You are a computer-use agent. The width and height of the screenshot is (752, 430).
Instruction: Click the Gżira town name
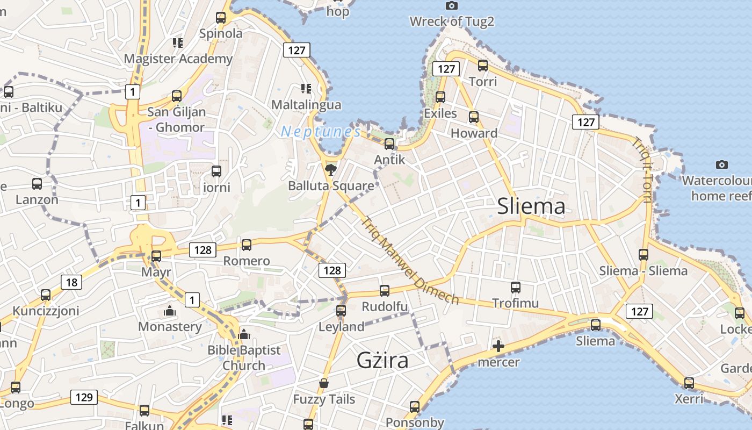[x=382, y=360]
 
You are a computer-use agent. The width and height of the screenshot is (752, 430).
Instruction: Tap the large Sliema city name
[x=531, y=206]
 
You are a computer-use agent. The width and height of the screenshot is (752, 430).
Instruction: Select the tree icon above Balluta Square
[x=331, y=170]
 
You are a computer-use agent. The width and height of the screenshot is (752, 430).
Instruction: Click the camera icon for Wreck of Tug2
[x=452, y=5]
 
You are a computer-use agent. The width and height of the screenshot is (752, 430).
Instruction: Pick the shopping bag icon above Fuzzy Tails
[x=324, y=383]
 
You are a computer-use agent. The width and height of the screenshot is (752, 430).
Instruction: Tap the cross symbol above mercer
[x=498, y=346]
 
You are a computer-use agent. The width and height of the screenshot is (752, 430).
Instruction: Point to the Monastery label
[x=170, y=326]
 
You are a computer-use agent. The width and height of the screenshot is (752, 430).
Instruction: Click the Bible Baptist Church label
[x=244, y=357]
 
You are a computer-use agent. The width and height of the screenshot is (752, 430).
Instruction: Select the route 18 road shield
[x=71, y=282]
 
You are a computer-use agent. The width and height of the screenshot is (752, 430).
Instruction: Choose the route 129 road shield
[x=84, y=397]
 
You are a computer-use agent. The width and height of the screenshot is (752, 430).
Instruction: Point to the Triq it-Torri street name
[x=642, y=170]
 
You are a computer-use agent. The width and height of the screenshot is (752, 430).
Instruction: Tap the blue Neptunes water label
[x=321, y=131]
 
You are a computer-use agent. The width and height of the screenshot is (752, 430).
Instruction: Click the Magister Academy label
[x=178, y=59]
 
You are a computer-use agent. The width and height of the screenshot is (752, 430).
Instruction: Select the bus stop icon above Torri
[x=483, y=66]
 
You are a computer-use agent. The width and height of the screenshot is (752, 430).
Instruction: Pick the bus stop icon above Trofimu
[x=516, y=288]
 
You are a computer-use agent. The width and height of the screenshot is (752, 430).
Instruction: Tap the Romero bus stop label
[x=247, y=261]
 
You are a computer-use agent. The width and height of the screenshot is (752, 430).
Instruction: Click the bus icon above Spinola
[x=221, y=18]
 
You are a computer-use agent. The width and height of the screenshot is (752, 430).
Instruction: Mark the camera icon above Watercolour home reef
[x=722, y=164]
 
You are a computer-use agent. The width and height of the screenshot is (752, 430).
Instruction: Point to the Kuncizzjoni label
[x=46, y=311]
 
